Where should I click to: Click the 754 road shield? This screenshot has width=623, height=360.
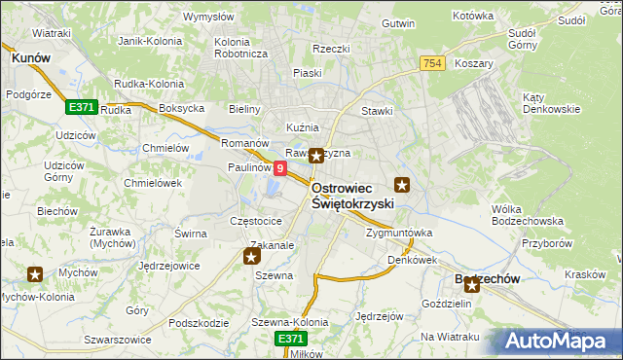click(x=434, y=62)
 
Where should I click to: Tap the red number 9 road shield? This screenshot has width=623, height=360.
click(x=280, y=168)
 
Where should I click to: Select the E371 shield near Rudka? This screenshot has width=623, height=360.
click(x=81, y=106)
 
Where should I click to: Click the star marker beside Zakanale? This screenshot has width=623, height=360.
click(x=251, y=257)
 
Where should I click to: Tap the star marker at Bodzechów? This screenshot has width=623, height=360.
click(x=472, y=285)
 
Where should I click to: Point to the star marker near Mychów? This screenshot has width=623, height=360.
click(x=35, y=275)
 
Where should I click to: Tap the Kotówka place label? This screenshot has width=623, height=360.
click(x=474, y=17)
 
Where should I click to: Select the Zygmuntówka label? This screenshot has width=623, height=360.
click(x=399, y=234)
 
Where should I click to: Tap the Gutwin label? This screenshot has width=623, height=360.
click(x=399, y=21)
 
